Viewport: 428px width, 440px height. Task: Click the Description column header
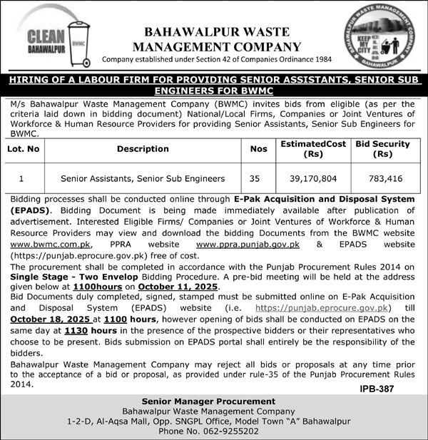pos(143,148)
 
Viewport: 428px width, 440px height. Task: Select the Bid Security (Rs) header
pos(383,148)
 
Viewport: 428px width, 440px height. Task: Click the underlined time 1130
pos(76,332)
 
